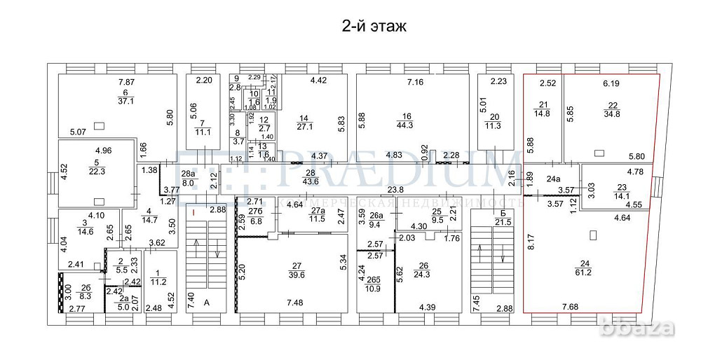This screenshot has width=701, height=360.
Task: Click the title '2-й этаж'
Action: [x=372, y=27]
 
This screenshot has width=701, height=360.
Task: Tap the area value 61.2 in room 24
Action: [x=583, y=272]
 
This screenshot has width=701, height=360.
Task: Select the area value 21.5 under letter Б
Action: [x=501, y=222]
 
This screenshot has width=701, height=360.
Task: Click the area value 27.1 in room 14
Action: [x=304, y=127]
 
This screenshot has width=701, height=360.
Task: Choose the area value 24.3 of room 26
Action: [x=423, y=275]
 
